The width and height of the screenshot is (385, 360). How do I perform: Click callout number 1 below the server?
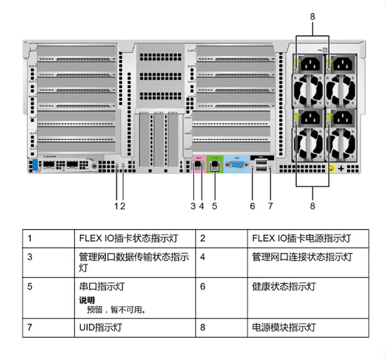coord(117,206)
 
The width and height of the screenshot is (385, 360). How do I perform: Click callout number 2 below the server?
coord(123,206)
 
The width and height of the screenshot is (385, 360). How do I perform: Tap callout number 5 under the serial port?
coord(215,206)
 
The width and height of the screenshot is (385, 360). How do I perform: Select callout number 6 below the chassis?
coord(253,206)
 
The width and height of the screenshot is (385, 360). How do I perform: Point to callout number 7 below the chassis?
coord(271,206)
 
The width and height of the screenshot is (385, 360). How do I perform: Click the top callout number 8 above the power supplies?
coord(313,16)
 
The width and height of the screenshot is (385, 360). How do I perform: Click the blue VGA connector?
coord(237,165)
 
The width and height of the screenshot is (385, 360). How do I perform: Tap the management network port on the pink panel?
coord(197,165)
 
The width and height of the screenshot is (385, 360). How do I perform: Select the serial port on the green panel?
coord(215,166)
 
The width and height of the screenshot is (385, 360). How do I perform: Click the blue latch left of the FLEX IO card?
coord(35,166)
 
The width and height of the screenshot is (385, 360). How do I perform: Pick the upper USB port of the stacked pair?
coord(261,162)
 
